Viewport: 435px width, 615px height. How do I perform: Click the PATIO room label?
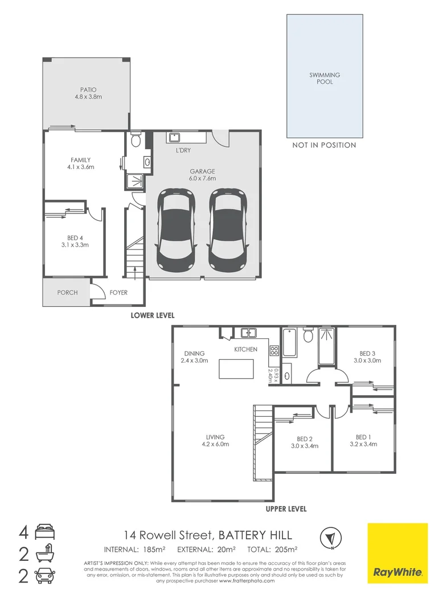(88, 90)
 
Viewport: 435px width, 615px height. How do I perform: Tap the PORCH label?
(67, 293)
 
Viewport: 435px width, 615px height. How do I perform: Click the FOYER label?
(118, 293)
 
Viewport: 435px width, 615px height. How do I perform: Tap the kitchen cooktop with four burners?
(274, 351)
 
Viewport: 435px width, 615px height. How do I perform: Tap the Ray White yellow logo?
(397, 553)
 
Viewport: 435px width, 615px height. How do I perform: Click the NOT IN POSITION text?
(324, 145)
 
